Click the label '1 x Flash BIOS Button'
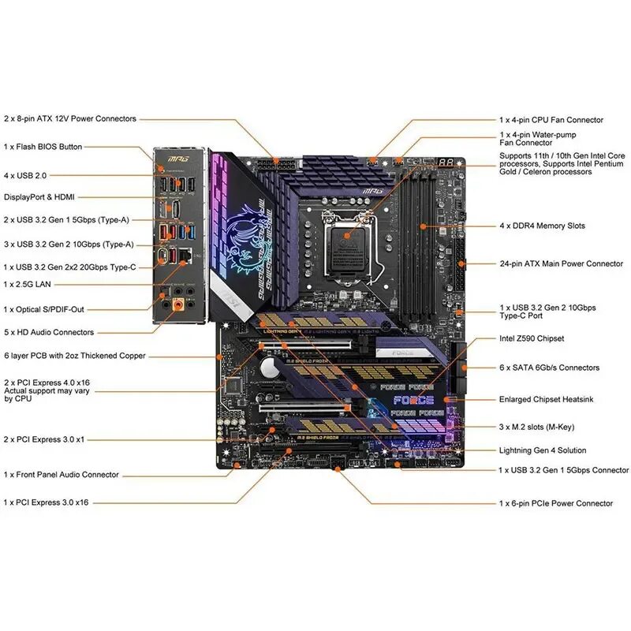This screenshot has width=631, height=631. pyautogui.click(x=43, y=147)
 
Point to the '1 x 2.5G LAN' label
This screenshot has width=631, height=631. pyautogui.click(x=32, y=284)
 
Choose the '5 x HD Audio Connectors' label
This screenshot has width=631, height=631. pyautogui.click(x=49, y=332)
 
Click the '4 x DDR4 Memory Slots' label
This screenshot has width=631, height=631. pyautogui.click(x=543, y=226)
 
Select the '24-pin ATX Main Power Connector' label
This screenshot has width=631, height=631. pyautogui.click(x=561, y=263)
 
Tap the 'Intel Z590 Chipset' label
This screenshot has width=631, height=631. pyautogui.click(x=532, y=338)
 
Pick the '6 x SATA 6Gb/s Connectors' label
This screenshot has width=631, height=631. pyautogui.click(x=549, y=368)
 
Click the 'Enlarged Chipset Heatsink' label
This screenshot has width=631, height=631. pyautogui.click(x=546, y=400)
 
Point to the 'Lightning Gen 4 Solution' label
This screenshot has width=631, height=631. pyautogui.click(x=543, y=450)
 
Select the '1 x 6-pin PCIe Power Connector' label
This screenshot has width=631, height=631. pyautogui.click(x=555, y=503)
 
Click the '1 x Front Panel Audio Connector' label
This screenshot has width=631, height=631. pyautogui.click(x=62, y=475)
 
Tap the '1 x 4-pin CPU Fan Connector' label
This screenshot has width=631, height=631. pyautogui.click(x=551, y=120)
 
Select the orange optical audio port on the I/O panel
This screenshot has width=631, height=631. pyautogui.click(x=180, y=304)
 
